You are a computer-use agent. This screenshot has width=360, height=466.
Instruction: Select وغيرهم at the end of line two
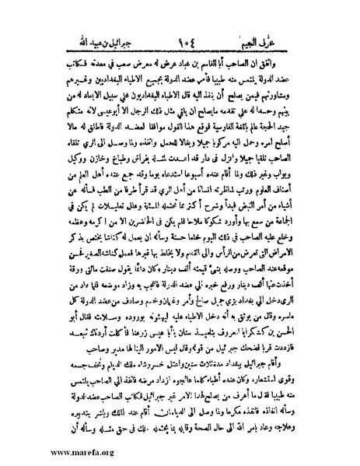click(x=48, y=62)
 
